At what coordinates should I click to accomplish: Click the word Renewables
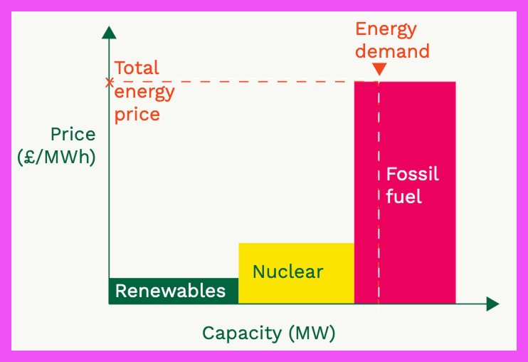tap(170, 291)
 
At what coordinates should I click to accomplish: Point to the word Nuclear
tap(287, 271)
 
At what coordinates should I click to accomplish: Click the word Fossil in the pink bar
tap(412, 175)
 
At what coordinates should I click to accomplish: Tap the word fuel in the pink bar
tap(403, 196)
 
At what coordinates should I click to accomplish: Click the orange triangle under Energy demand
tap(379, 69)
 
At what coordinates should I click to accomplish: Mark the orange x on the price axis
tap(109, 83)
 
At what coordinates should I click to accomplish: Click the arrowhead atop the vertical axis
tap(109, 32)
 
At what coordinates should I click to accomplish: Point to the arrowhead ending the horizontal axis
tap(492, 304)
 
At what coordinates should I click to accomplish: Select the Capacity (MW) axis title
tap(268, 333)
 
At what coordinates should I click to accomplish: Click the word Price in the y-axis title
tap(73, 134)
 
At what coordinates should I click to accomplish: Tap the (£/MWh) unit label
tap(56, 157)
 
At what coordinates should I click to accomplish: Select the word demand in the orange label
tap(392, 51)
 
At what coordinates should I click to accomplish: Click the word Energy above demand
tap(386, 29)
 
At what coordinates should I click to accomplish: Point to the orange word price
tap(137, 114)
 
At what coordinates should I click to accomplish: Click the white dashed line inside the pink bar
tap(379, 214)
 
